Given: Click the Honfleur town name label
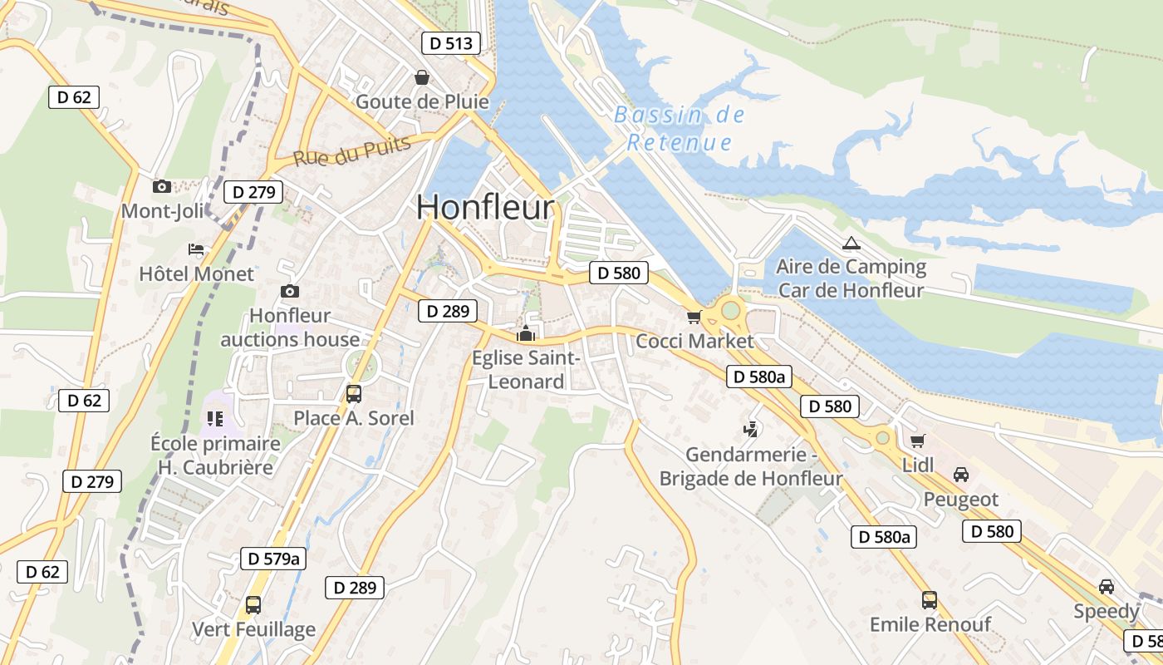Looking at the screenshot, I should [485, 207].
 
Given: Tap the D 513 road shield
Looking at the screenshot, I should [450, 43].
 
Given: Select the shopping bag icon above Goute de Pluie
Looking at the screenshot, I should [422, 77].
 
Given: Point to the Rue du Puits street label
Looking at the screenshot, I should [352, 151].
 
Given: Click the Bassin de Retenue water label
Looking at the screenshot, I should [680, 128].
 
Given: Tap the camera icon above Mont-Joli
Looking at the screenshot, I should [162, 186].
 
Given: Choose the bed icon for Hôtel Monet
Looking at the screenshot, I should [196, 249].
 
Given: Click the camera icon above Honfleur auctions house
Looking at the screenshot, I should [289, 291].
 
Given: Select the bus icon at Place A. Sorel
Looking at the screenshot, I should [354, 393].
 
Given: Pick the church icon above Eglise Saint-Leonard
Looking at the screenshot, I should [525, 334].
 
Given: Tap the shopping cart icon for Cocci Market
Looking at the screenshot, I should [694, 316].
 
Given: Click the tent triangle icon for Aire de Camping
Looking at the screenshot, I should [850, 244].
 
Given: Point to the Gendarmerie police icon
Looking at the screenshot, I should [751, 429].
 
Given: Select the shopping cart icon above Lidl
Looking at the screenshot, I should [918, 441].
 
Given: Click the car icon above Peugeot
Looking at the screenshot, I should [961, 475].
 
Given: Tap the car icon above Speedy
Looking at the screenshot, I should [1107, 587].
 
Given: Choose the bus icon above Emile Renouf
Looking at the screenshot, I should [930, 599].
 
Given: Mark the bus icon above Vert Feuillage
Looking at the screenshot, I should [253, 605].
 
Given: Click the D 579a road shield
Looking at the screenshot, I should [273, 559].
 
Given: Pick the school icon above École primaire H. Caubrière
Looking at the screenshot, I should [215, 418].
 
